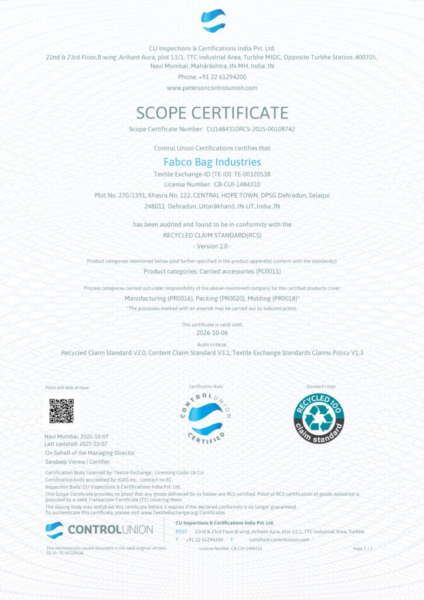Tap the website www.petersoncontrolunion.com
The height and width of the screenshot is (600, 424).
pos(212,88)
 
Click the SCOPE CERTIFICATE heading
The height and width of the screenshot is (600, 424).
pos(212,112)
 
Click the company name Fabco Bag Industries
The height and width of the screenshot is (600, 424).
pos(212,162)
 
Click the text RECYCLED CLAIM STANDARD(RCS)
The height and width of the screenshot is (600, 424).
pos(212,234)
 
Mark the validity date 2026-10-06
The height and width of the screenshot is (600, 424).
pos(212,332)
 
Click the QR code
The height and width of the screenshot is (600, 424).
pos(61,410)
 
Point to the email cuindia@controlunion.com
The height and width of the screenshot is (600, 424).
pos(279,539)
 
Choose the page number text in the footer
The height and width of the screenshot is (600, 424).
pos(363,548)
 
